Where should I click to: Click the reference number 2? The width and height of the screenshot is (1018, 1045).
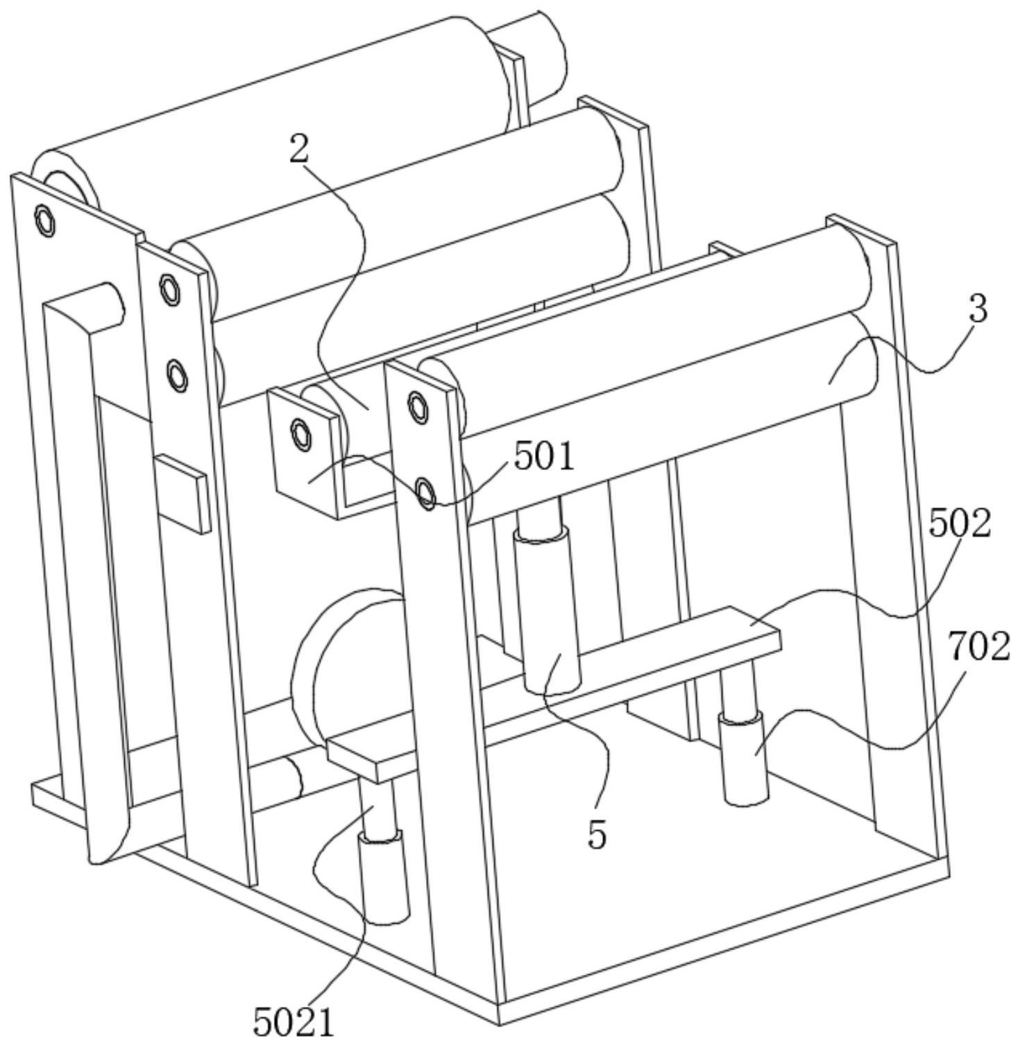coord(298,148)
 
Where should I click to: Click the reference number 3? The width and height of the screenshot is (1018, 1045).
coord(977,309)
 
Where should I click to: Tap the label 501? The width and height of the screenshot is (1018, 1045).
coord(545,457)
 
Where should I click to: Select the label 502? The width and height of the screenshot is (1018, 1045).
coord(960,524)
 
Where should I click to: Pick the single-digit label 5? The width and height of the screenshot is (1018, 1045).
coord(597,834)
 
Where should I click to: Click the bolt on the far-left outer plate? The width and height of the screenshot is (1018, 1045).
coord(45,221)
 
